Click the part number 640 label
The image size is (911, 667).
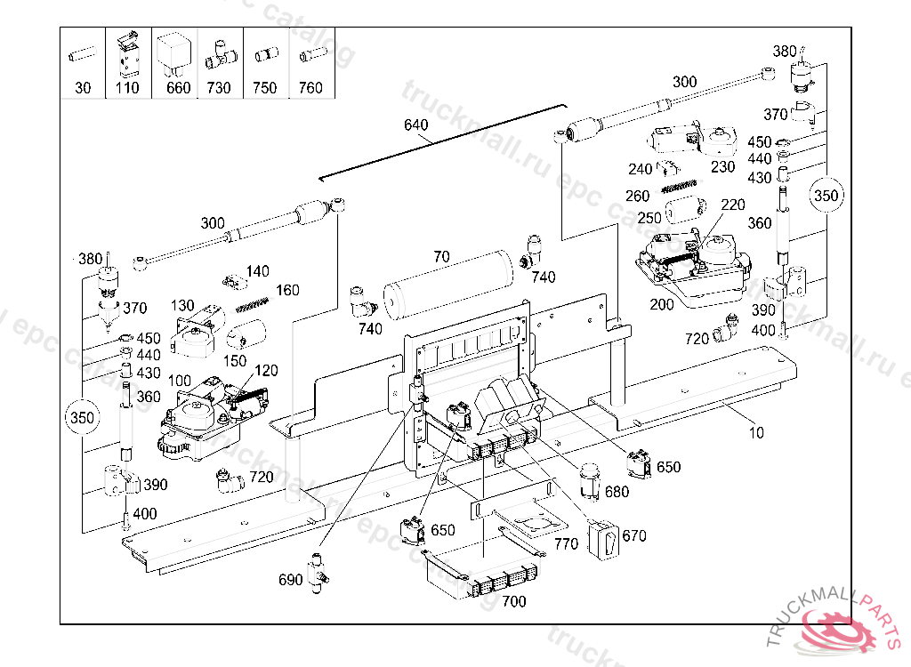coord(416,125)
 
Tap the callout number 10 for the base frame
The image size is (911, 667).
coord(755,433)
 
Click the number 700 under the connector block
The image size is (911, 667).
coord(513,601)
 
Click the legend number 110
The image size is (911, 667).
coord(127,88)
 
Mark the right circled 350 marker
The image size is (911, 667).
coord(826,195)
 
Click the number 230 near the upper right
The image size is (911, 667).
coord(722,165)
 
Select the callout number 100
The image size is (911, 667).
coord(179,381)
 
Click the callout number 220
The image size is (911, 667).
coord(732,205)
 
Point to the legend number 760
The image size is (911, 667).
coord(310,88)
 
